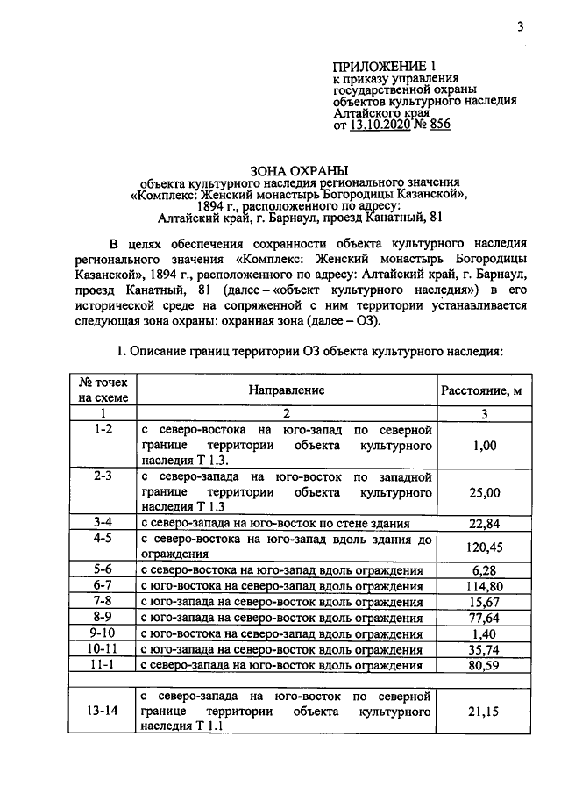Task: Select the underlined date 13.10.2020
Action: (383, 125)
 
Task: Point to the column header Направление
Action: (286, 390)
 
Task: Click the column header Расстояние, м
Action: (485, 390)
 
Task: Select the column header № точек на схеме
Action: (103, 390)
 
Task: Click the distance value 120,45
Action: (485, 547)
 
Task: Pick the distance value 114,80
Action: (485, 585)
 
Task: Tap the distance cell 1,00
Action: (485, 446)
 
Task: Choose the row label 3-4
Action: (103, 523)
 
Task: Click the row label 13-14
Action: (103, 712)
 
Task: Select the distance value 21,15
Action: (485, 712)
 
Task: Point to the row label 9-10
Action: (103, 633)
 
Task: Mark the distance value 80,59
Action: (485, 664)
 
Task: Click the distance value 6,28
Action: (485, 570)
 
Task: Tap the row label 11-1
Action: (103, 664)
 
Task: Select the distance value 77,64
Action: (485, 617)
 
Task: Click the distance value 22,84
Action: (485, 523)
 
